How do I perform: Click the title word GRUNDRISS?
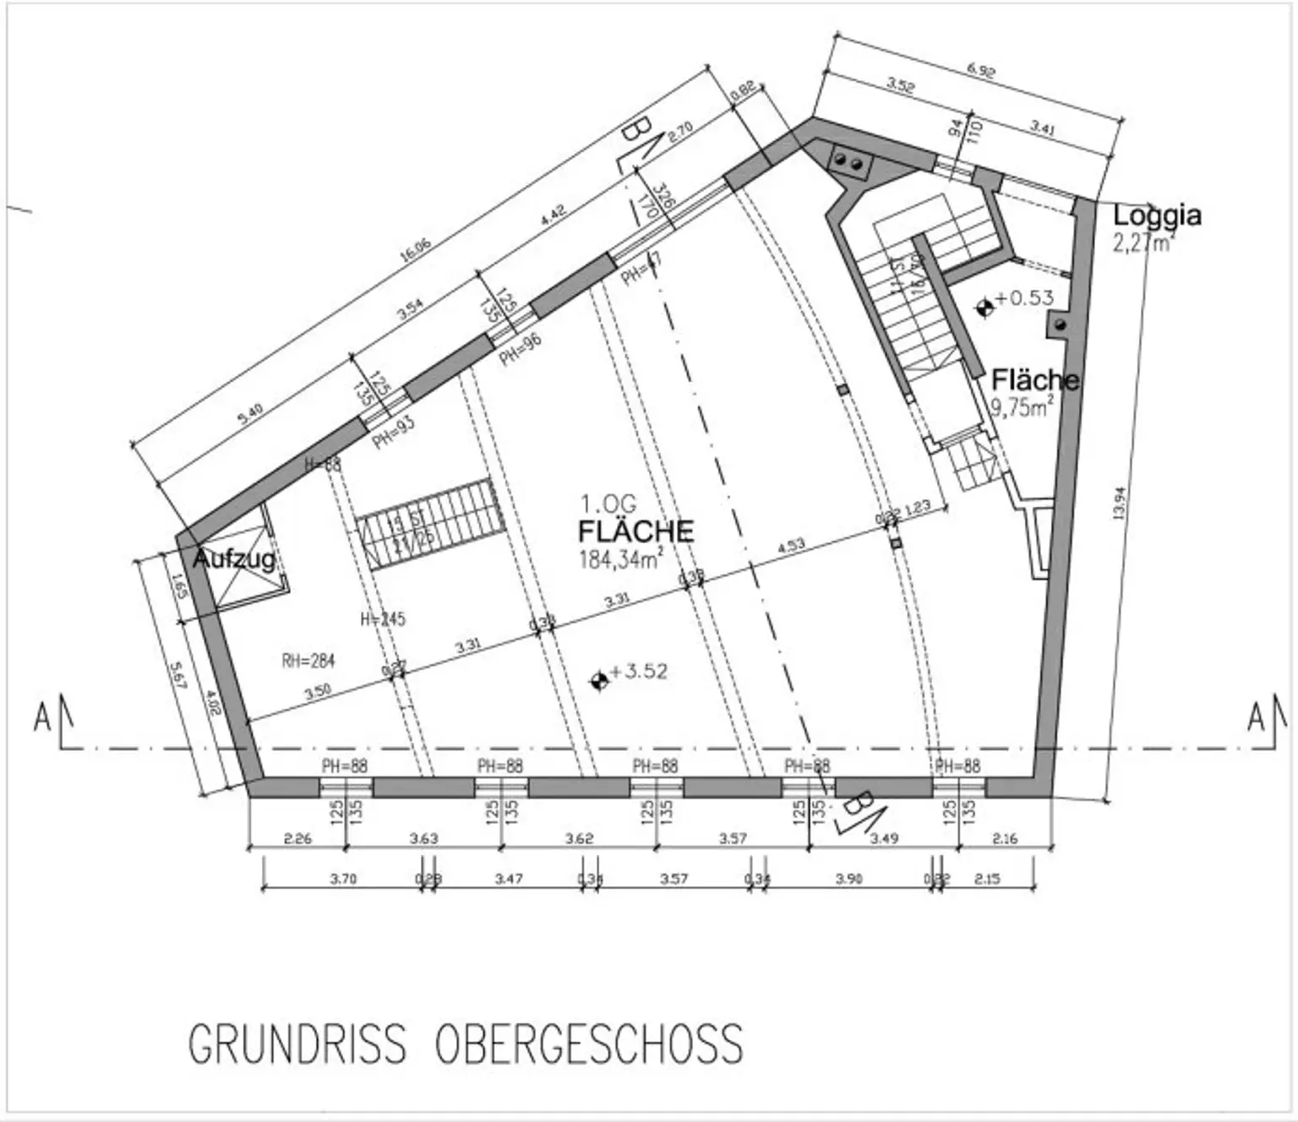(297, 1044)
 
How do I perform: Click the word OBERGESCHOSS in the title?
(589, 1044)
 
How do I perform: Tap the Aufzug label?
(234, 558)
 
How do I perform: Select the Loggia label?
(1156, 216)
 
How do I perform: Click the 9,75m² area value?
(1022, 407)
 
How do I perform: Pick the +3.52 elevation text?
(638, 672)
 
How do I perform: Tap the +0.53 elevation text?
(1024, 298)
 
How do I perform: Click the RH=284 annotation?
(308, 660)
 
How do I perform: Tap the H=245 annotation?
(383, 619)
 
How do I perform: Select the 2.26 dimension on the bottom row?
(297, 839)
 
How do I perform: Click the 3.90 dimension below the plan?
(849, 879)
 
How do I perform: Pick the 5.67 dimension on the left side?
(177, 676)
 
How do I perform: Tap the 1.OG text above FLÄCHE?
(608, 504)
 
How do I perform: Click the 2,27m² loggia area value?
(1144, 242)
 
